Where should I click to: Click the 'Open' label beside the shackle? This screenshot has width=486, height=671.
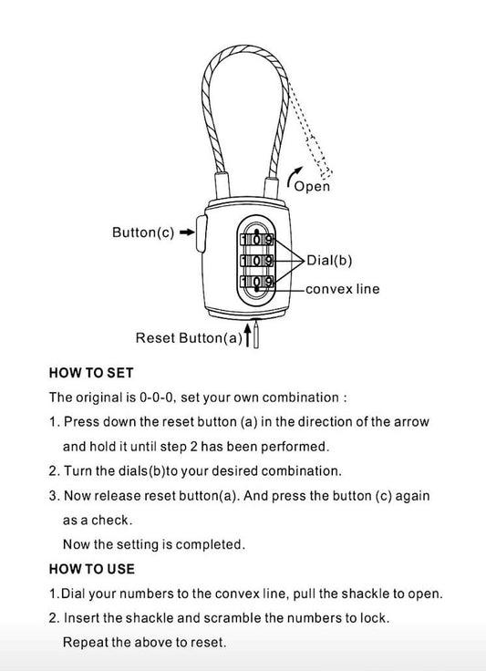(312, 187)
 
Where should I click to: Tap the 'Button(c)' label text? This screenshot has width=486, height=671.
(143, 232)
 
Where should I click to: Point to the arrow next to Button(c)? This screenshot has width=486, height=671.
(187, 232)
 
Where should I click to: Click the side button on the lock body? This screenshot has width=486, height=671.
(202, 233)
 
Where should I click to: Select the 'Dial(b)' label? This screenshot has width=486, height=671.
(329, 260)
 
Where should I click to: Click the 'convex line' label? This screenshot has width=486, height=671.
(342, 289)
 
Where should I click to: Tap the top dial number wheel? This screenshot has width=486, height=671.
(257, 240)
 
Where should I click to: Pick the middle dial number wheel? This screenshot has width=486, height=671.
(257, 260)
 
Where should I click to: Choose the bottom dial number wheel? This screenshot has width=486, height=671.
(257, 281)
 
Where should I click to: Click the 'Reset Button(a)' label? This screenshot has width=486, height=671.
(189, 338)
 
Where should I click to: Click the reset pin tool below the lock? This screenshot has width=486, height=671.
(256, 335)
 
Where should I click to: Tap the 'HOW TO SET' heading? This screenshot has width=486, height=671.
(91, 373)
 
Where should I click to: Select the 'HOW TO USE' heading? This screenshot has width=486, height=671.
(92, 569)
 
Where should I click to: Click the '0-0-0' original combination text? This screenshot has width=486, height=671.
(157, 397)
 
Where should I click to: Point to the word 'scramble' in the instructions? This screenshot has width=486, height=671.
(233, 618)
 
